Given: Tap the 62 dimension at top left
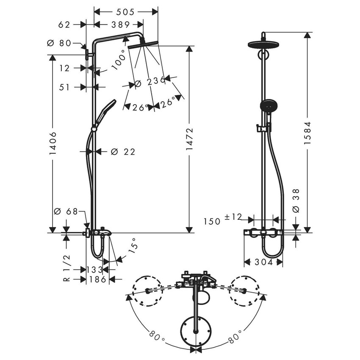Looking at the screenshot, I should pos(64,25).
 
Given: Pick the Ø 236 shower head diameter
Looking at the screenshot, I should pos(150,82).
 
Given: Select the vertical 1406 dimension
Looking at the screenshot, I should pos(53,143).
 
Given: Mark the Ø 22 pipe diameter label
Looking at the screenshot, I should pos(123,152).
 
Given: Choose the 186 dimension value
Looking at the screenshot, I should pos(98,279).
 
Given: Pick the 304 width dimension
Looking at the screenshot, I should pos(263,263).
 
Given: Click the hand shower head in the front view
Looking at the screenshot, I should pos(266,105).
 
